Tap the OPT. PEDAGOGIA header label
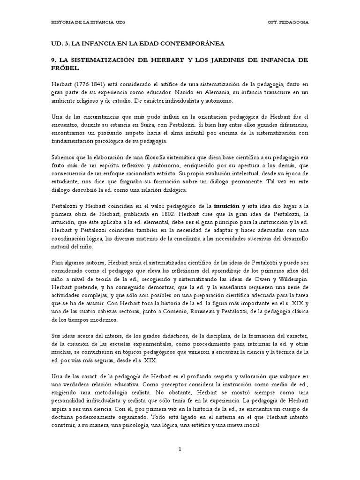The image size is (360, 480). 288,22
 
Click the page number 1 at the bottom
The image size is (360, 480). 180,450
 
